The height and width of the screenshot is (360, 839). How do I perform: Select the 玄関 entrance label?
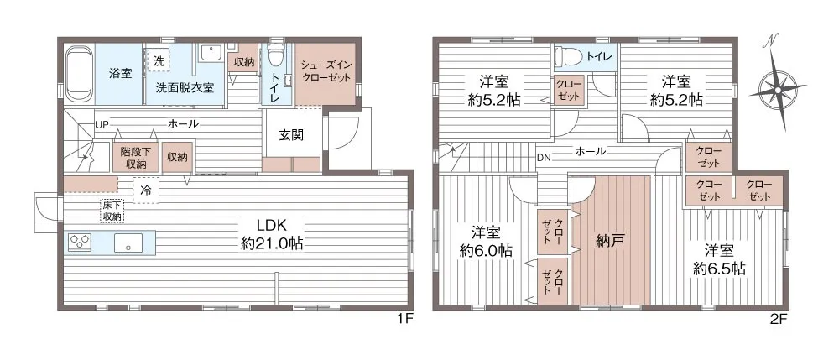tap(291, 135)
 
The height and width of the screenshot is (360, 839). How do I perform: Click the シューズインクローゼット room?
tap(326, 74)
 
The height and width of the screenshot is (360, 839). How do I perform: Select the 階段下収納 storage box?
tap(136, 157)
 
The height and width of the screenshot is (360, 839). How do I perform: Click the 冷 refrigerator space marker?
tap(145, 190)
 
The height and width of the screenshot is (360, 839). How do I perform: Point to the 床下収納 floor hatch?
tap(112, 211)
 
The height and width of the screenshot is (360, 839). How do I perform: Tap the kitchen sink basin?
tap(128, 243)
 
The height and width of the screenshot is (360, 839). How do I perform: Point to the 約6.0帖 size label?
tap(486, 250)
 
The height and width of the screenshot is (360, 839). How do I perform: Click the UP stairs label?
tap(102, 125)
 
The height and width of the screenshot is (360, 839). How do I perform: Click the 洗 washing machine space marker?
tap(159, 59)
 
